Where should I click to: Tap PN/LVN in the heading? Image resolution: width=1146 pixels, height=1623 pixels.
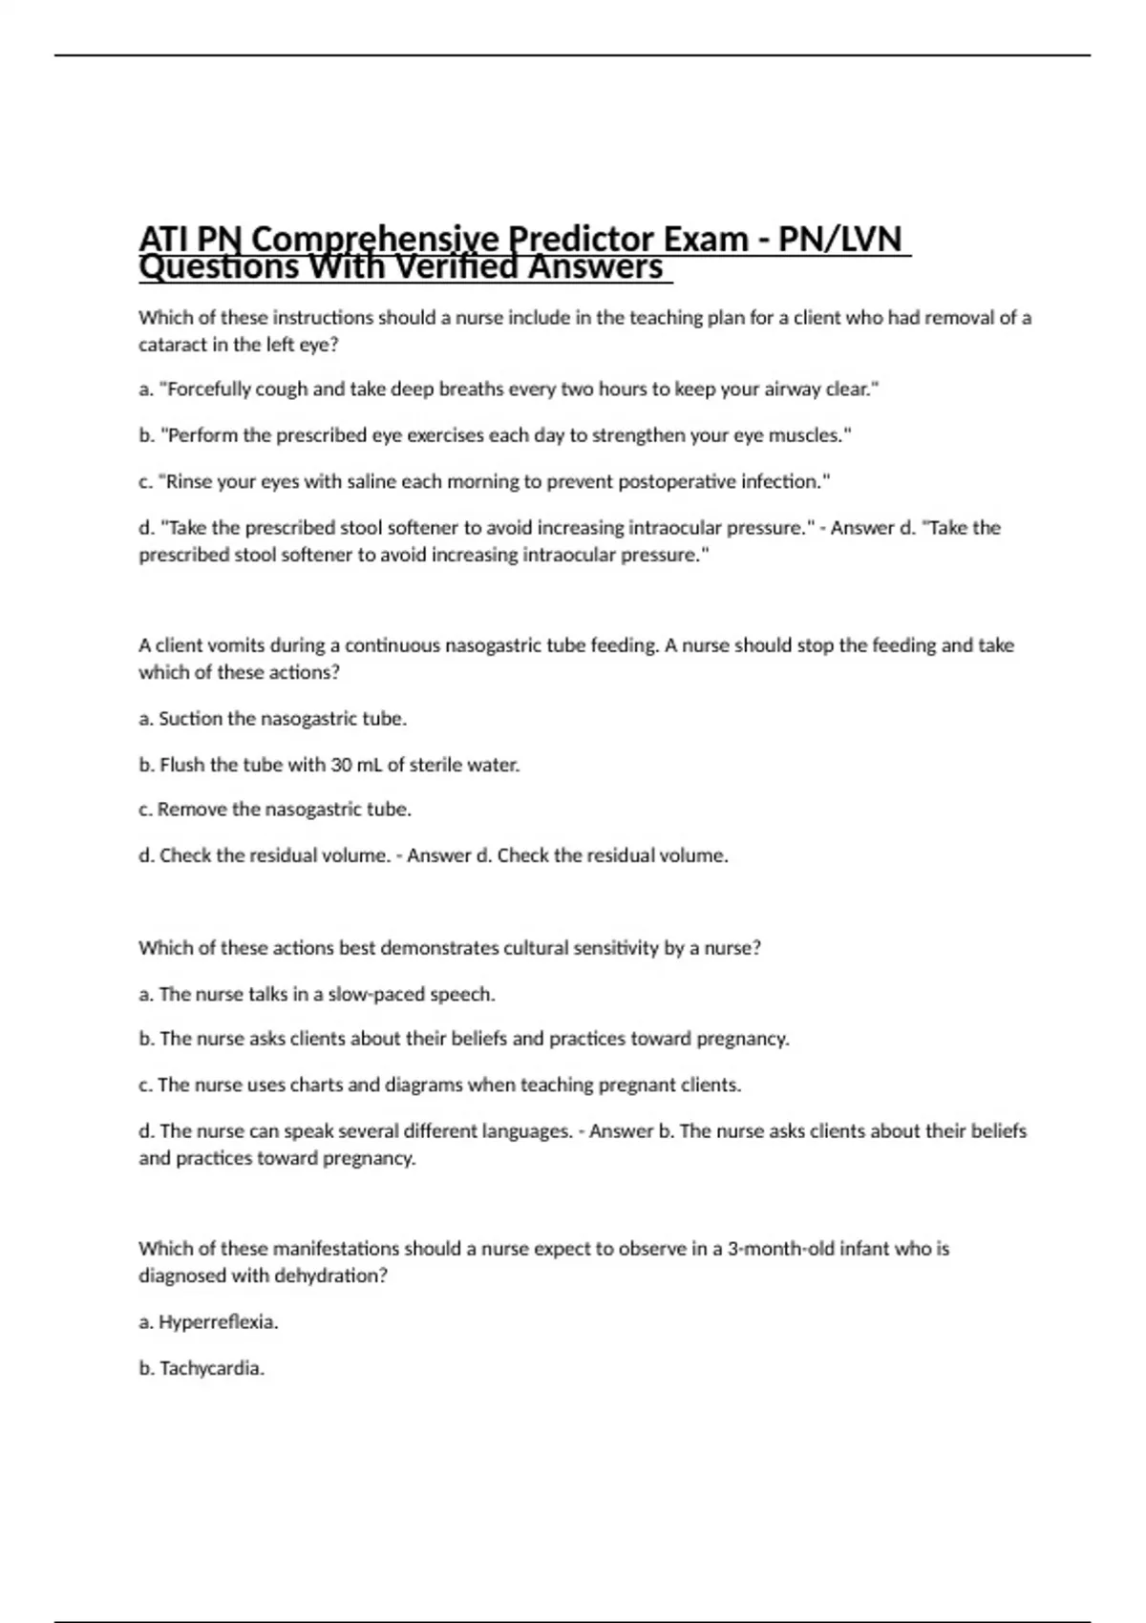[839, 238]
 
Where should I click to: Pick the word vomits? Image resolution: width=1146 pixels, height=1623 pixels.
[236, 645]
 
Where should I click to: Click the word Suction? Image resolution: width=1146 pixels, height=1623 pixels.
[190, 719]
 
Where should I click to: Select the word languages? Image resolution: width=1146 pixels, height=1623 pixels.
[528, 1131]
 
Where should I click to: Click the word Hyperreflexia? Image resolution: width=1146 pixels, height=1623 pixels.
[218, 1322]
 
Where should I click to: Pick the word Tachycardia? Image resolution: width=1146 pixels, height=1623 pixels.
[211, 1368]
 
